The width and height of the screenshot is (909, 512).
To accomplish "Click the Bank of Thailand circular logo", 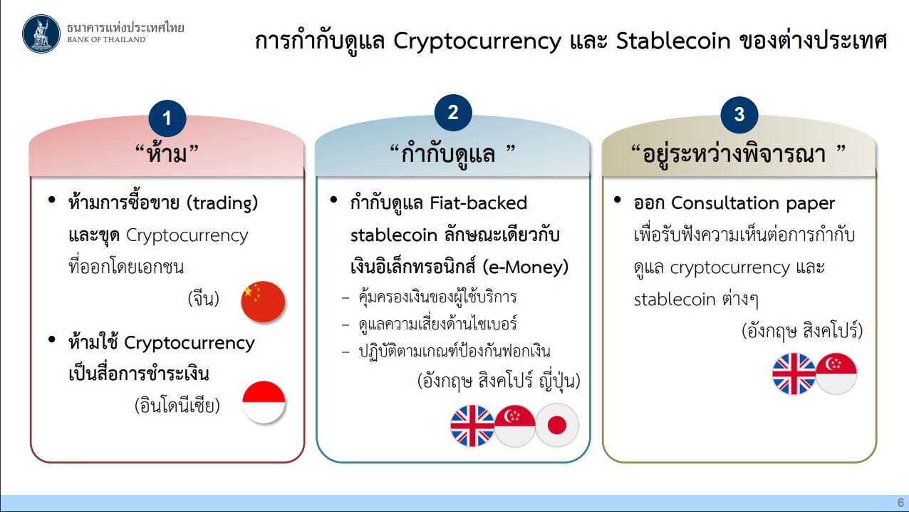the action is (x=41, y=34).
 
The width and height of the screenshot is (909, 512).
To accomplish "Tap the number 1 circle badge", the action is (x=167, y=118).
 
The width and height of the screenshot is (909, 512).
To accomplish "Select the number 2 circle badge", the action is (x=453, y=113).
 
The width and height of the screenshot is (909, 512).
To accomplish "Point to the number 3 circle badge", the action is (x=739, y=115).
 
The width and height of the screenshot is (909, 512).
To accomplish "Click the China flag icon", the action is (x=263, y=302).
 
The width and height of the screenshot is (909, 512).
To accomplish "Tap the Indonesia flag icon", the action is (x=264, y=402).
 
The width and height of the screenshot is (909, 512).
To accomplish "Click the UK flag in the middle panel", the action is (x=472, y=426).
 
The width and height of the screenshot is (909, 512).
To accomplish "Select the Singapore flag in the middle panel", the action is (x=514, y=426).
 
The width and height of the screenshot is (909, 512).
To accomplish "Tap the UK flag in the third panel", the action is (x=794, y=374).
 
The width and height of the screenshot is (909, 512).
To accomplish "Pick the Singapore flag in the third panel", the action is (x=836, y=374).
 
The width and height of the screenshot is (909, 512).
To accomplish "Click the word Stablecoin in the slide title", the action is (x=673, y=41).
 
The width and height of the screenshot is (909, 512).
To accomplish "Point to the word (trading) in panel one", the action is (x=222, y=203).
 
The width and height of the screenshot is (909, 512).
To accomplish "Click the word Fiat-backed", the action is (x=479, y=203).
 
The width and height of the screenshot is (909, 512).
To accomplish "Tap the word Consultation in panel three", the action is (x=725, y=203).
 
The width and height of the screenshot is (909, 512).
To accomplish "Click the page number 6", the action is (x=900, y=502).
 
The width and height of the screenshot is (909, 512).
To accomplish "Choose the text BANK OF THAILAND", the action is (x=106, y=40).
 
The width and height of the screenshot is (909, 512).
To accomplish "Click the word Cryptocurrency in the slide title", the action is (x=477, y=41).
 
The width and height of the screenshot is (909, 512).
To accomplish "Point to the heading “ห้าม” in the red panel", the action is (x=167, y=153).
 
